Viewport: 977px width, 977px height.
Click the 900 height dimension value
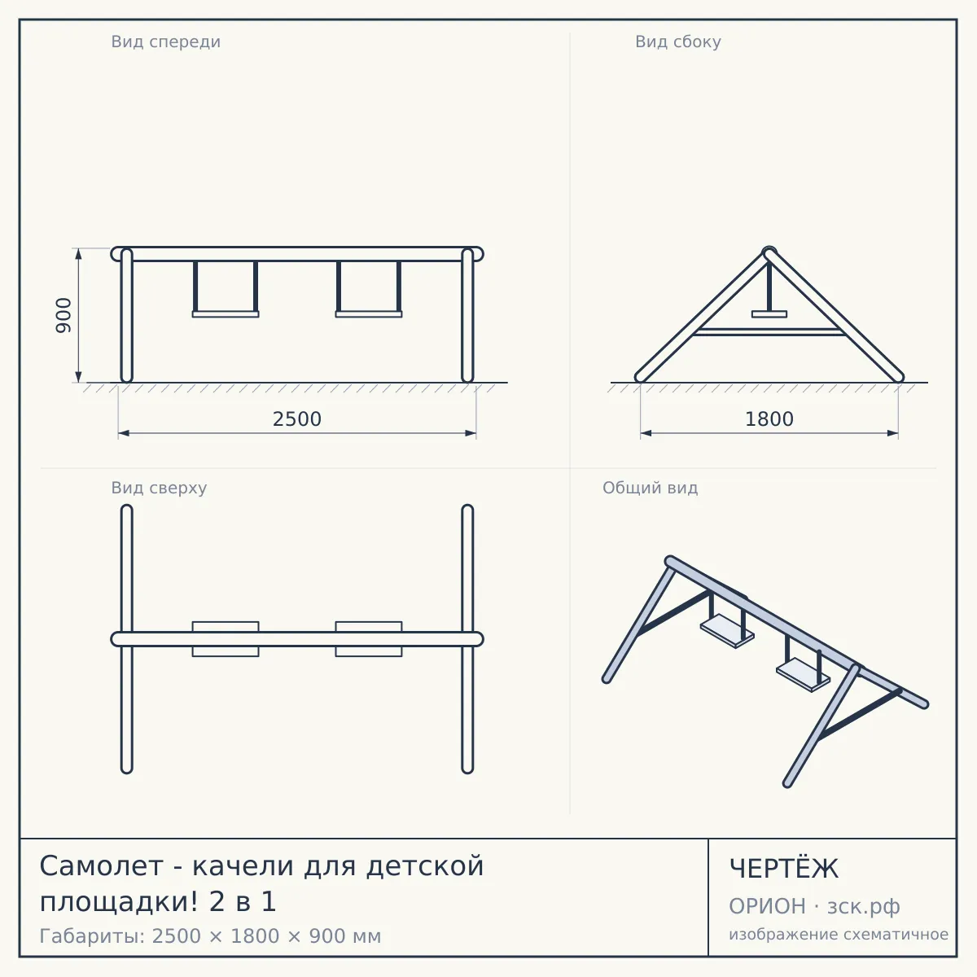click(x=64, y=315)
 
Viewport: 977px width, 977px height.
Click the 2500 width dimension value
click(x=297, y=419)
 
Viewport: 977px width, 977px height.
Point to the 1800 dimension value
click(x=769, y=419)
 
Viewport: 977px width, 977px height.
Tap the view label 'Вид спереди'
click(x=166, y=42)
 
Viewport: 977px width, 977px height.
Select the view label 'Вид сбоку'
click(x=678, y=42)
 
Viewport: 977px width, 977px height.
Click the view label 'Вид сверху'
click(x=159, y=488)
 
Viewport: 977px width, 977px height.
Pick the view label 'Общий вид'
click(x=650, y=488)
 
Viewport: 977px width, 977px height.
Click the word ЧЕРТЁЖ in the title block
click(x=784, y=869)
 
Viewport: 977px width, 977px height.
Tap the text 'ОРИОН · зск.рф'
click(x=814, y=906)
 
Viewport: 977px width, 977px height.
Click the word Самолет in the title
click(x=102, y=866)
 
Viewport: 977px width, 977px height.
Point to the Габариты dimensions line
click(x=210, y=936)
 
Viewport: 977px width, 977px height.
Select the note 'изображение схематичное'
click(x=839, y=934)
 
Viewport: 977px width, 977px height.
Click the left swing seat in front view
click(x=226, y=314)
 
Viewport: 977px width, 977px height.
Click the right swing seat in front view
click(x=369, y=314)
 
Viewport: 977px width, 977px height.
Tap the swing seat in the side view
click(x=769, y=314)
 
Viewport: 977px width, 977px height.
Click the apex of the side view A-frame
click(x=769, y=252)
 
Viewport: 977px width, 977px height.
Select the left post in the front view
click(x=127, y=315)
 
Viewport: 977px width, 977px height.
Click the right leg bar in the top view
click(x=467, y=639)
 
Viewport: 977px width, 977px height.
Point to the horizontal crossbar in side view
click(x=769, y=332)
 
